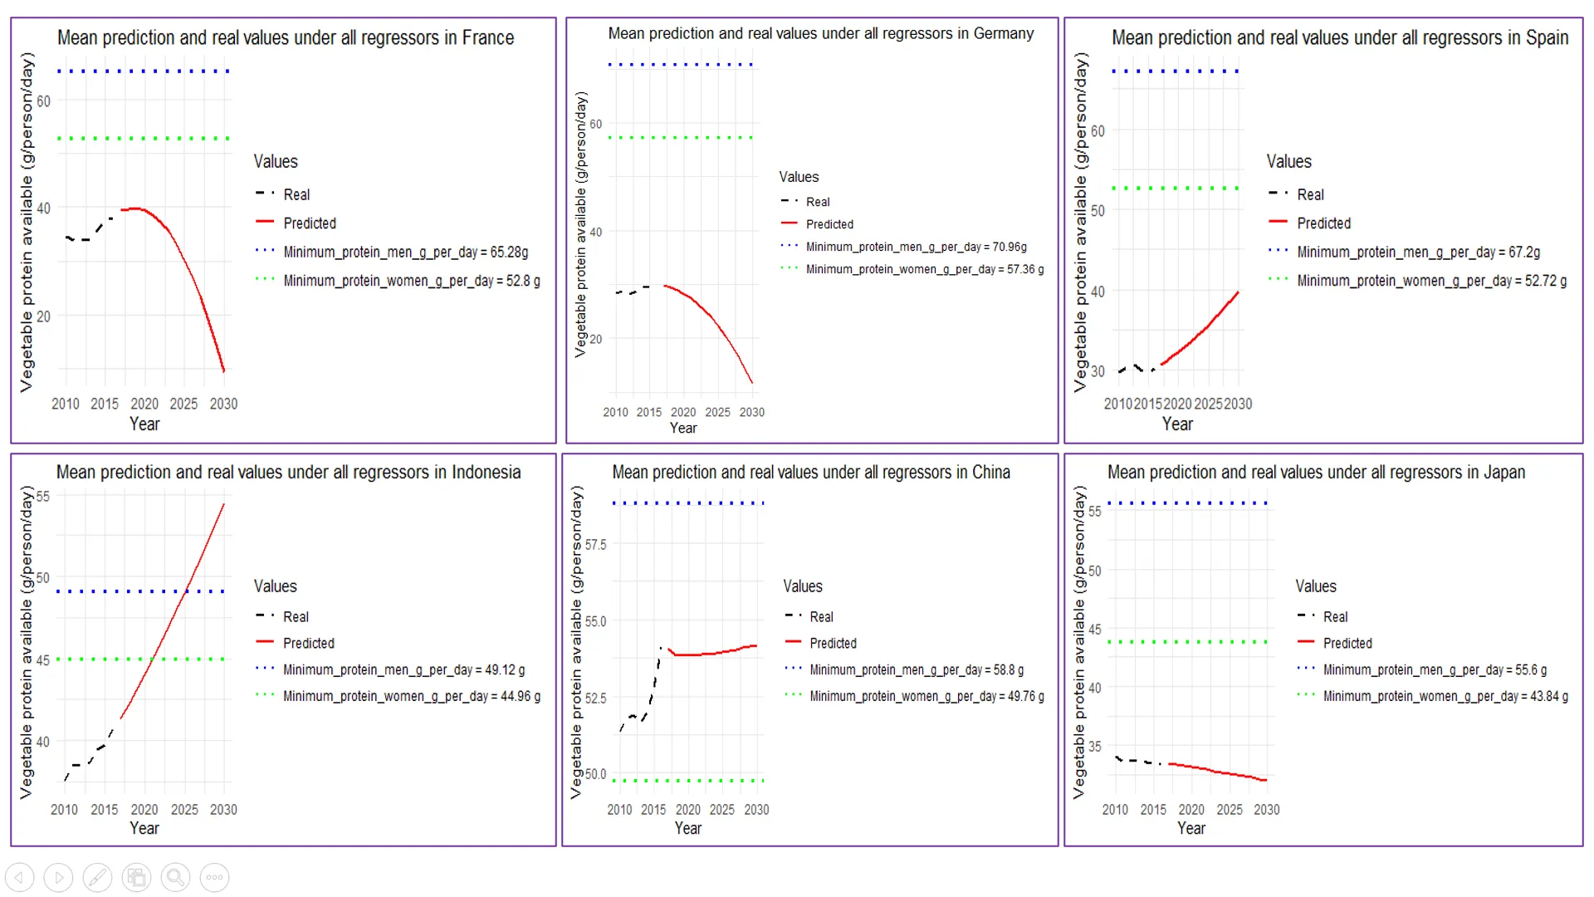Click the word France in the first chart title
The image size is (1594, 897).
[x=487, y=38]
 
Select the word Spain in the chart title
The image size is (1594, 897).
[x=1547, y=38]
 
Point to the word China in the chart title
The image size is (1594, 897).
[x=990, y=473]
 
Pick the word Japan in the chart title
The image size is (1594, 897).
[x=1504, y=473]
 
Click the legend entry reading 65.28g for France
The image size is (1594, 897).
[x=405, y=252]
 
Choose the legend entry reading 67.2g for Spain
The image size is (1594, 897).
[x=1418, y=252]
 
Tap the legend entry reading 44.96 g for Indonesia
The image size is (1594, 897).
[x=411, y=697]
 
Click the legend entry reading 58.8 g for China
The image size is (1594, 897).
[x=917, y=670]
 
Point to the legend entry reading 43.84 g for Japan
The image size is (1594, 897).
[x=1445, y=697]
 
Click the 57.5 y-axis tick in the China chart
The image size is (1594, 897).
[x=595, y=545]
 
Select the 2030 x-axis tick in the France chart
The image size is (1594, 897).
[x=223, y=404]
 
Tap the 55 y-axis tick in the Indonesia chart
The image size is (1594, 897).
[x=42, y=497]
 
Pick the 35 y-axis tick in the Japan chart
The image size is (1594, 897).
[x=1095, y=747]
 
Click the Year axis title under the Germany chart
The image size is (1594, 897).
[x=683, y=429]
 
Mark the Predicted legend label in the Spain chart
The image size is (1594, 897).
[x=1323, y=223]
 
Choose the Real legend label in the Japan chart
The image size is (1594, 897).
[x=1335, y=617]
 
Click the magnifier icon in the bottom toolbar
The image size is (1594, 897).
[x=175, y=877]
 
